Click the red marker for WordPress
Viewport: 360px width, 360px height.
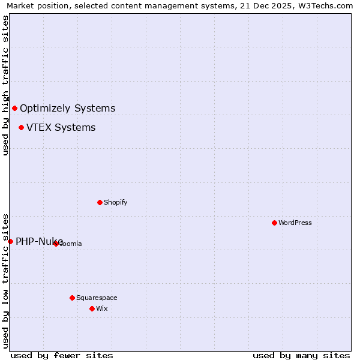(x=274, y=223)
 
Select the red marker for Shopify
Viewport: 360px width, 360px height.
(x=100, y=202)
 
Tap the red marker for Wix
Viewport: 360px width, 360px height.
(x=92, y=308)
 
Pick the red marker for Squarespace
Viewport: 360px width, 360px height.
(x=72, y=298)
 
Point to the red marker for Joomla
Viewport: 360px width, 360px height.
(x=56, y=244)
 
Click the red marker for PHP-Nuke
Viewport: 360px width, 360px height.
(x=10, y=241)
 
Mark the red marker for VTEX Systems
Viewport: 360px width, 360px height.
(x=21, y=127)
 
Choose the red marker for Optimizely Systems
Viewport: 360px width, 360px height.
(x=14, y=108)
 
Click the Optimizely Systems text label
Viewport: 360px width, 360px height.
(x=68, y=109)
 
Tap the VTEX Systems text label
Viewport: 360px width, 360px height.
(x=61, y=128)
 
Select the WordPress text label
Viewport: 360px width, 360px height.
(x=295, y=223)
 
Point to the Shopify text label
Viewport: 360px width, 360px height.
(x=116, y=202)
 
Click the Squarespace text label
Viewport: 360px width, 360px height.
(x=97, y=298)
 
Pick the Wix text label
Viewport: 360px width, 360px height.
(x=101, y=308)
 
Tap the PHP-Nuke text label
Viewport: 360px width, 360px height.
(x=39, y=242)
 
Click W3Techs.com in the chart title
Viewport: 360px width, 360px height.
(x=326, y=6)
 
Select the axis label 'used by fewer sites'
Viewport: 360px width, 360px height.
(x=62, y=355)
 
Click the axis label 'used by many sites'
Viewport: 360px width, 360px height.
(x=301, y=355)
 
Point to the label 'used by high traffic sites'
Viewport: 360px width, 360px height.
(x=6, y=85)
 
